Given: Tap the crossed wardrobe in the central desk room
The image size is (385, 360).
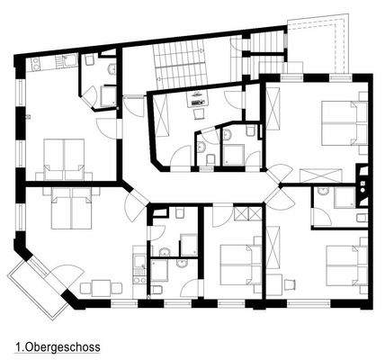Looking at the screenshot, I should (x=162, y=115).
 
